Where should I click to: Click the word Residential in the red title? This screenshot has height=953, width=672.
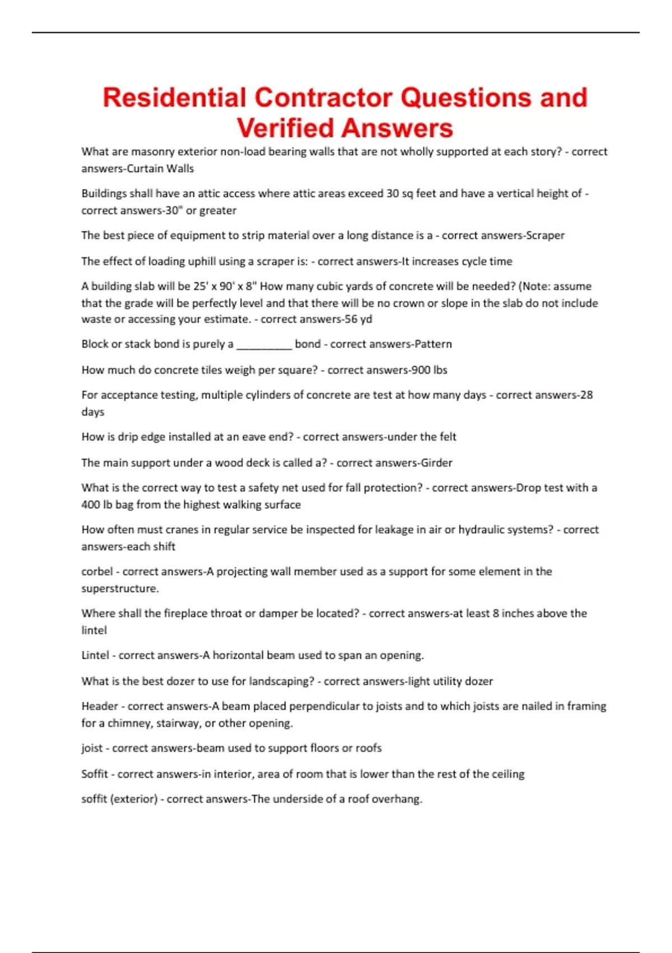[174, 98]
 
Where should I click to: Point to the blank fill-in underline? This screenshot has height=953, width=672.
[264, 344]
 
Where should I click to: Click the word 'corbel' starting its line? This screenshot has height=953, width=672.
[97, 571]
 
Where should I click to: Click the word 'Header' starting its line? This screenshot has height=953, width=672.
[100, 706]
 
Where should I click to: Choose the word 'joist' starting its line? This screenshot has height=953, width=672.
[92, 748]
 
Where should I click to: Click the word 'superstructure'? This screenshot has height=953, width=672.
[119, 588]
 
